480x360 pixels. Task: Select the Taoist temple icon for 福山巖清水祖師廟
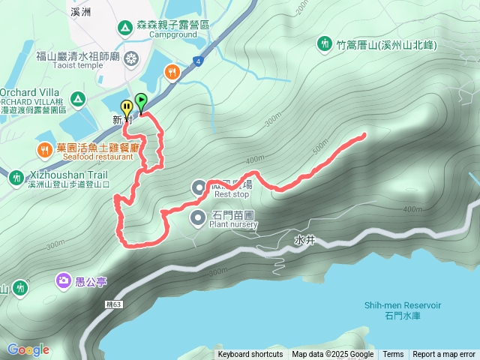click(132, 58)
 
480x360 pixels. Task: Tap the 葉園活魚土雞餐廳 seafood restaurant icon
click(44, 151)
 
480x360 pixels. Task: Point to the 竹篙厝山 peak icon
click(325, 44)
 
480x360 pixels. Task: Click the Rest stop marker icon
click(199, 187)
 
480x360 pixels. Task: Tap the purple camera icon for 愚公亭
click(63, 281)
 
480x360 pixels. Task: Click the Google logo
click(28, 349)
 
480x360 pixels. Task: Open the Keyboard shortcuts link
click(250, 355)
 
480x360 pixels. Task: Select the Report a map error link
click(445, 355)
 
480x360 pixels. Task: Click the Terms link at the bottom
click(393, 355)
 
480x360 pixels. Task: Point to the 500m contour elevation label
click(320, 144)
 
